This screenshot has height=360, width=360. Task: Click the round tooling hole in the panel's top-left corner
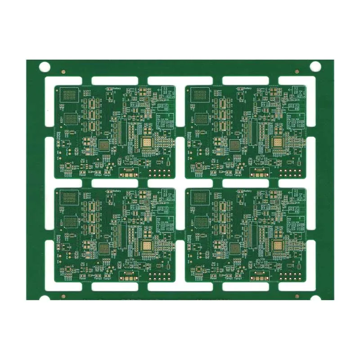click(44, 67)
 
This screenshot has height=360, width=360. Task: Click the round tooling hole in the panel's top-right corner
click(315, 67)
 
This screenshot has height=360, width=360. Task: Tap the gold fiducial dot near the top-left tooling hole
click(63, 71)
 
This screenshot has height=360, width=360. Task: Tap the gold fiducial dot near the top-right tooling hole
click(297, 71)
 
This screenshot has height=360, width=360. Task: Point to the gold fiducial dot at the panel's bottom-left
click(63, 296)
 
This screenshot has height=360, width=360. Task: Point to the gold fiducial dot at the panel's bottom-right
click(297, 296)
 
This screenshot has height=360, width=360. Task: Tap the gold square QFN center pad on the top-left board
click(147, 143)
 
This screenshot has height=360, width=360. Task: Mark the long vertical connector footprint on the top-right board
click(251, 131)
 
